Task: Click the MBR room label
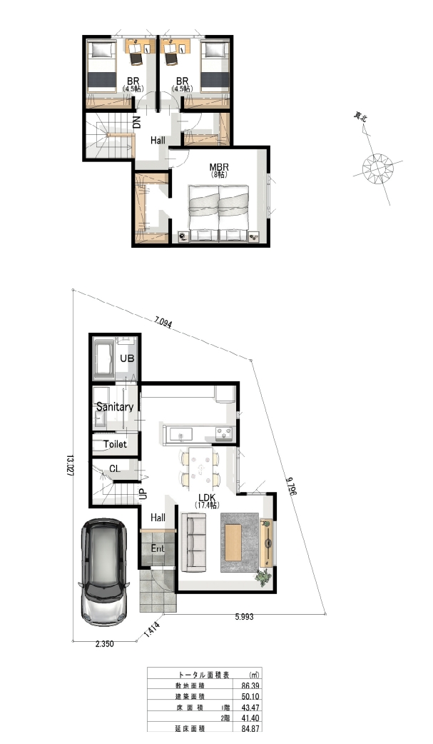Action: click(x=219, y=168)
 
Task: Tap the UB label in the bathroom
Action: click(x=127, y=358)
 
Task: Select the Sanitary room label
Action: click(x=115, y=407)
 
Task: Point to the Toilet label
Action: click(x=116, y=444)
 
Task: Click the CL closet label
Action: click(x=115, y=469)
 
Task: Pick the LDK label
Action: click(x=207, y=497)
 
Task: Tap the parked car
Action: click(x=104, y=572)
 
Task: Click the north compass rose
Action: click(x=378, y=167)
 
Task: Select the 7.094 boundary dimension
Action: click(x=163, y=322)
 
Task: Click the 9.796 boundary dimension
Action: click(x=291, y=485)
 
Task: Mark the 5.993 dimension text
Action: click(x=244, y=617)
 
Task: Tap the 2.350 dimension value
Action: click(x=105, y=644)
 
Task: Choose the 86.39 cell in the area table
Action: click(x=250, y=685)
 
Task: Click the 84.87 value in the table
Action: click(x=250, y=728)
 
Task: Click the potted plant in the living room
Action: click(x=263, y=578)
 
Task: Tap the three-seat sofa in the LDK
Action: click(x=193, y=543)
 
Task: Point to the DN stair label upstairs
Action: click(x=137, y=122)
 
